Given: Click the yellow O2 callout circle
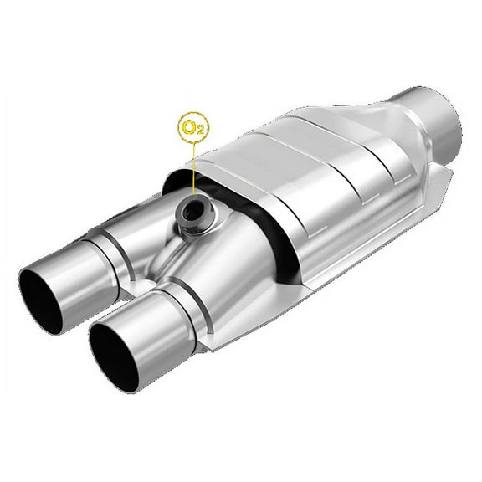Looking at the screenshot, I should point(193,128).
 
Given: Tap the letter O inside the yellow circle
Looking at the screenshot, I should point(190,126).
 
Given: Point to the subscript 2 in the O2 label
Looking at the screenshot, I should point(199,132).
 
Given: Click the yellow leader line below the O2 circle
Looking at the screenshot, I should point(193,167).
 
